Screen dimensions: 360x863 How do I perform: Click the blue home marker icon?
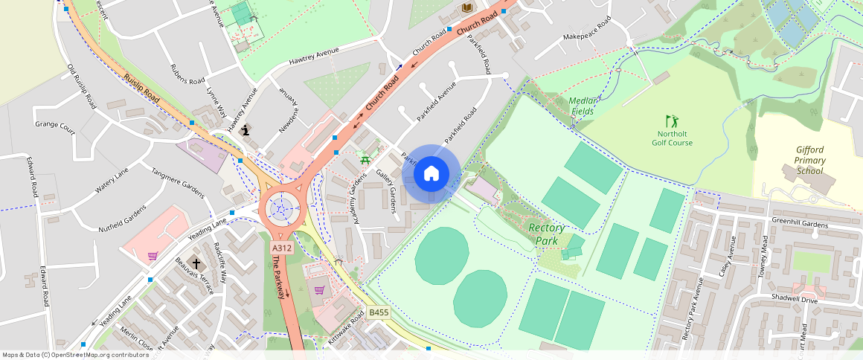coord(431,174)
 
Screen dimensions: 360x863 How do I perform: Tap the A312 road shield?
coord(281,248)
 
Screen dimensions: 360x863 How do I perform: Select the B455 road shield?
coord(379,314)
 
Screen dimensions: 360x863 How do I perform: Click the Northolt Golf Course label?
coord(672,138)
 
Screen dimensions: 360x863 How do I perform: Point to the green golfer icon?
coord(672,120)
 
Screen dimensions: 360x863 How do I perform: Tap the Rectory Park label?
coord(547,234)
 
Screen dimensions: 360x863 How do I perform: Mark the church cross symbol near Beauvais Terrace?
coord(196,263)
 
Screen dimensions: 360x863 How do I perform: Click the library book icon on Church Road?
coord(467,7)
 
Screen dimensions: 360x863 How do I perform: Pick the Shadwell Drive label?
coord(794,300)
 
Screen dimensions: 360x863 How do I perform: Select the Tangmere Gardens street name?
coord(178,181)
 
